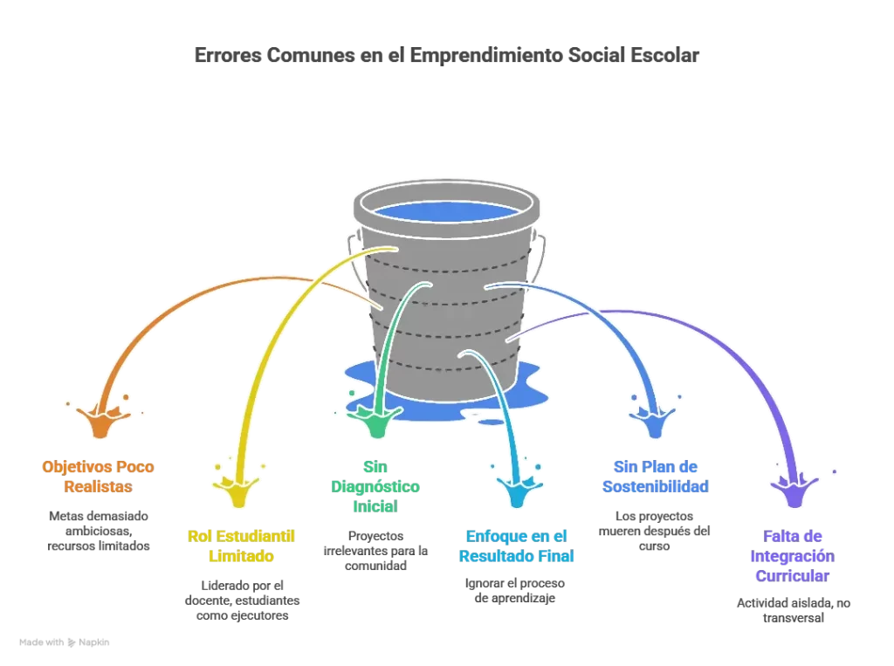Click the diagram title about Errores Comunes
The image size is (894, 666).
click(446, 56)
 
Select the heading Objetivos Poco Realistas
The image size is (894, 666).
click(98, 477)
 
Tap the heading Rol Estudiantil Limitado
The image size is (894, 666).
click(242, 546)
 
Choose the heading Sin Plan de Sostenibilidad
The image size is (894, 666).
click(656, 477)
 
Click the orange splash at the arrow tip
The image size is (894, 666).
click(101, 421)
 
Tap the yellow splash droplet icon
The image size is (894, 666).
click(238, 491)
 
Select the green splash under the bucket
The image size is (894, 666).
click(375, 422)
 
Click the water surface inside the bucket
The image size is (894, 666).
click(446, 210)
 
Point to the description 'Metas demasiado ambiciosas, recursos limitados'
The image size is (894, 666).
click(98, 531)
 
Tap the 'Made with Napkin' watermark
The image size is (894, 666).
click(65, 642)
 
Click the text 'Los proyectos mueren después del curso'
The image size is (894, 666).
click(656, 531)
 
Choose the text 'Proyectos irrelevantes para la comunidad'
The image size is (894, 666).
click(375, 551)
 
